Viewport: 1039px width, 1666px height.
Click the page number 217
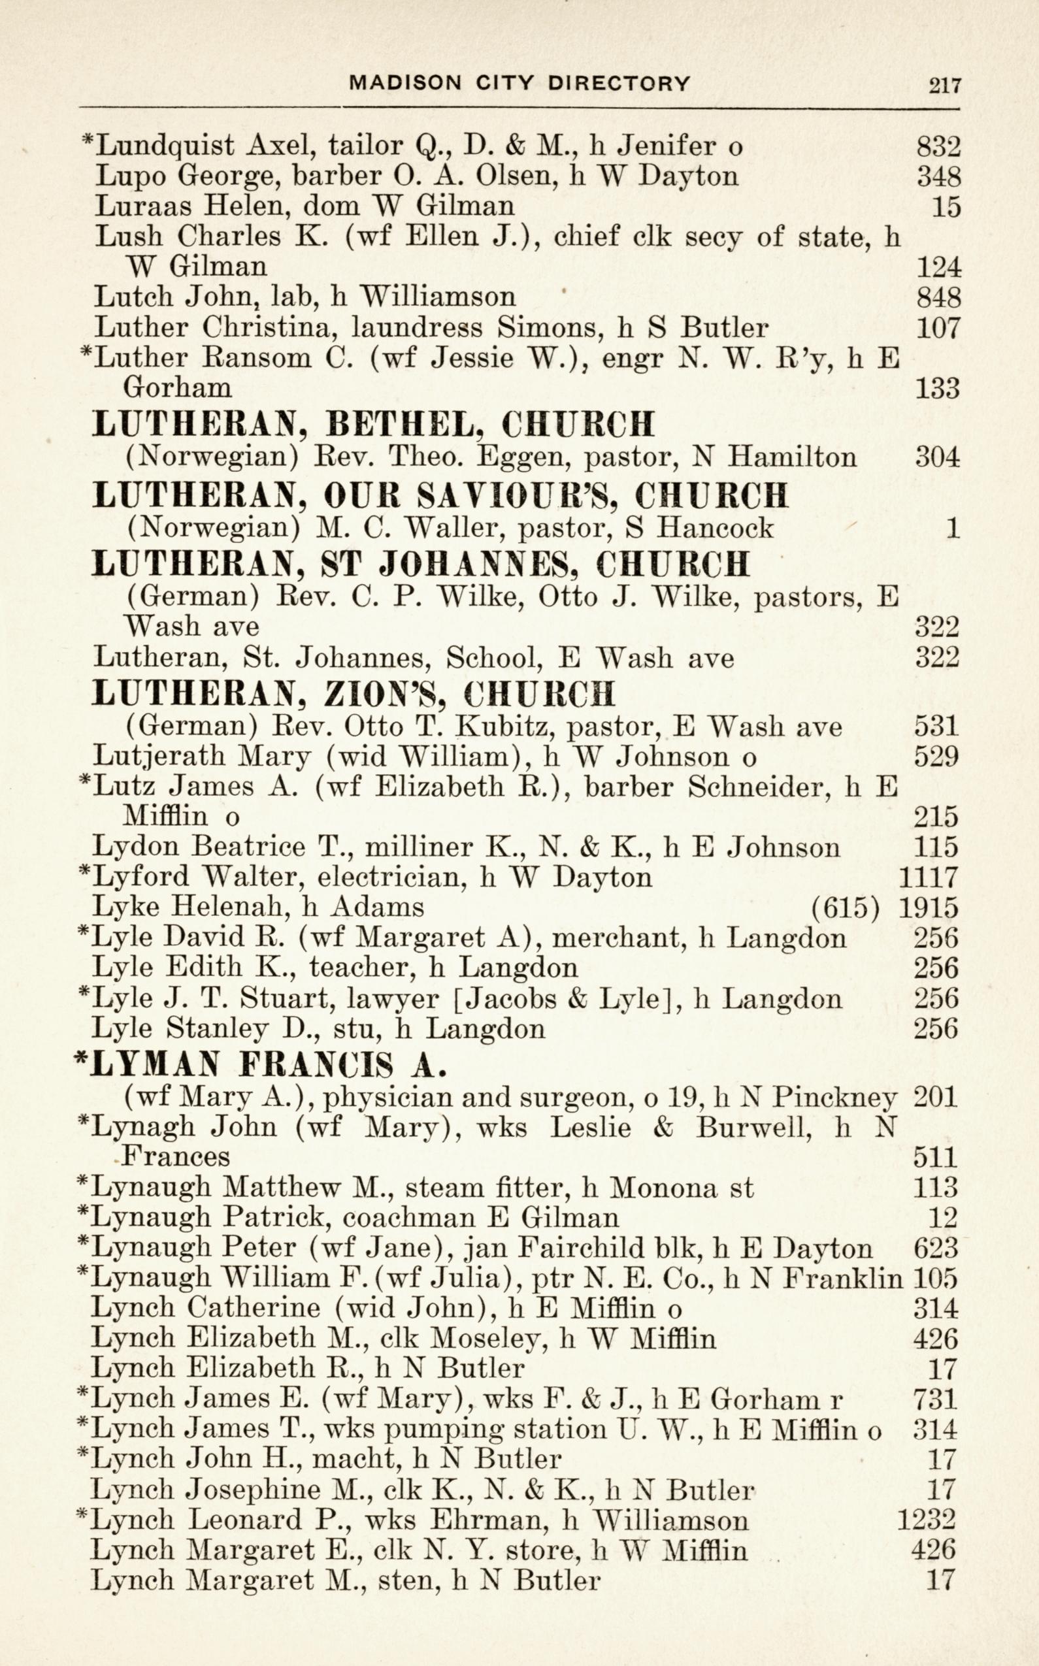(945, 85)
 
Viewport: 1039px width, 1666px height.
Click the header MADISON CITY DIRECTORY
(519, 84)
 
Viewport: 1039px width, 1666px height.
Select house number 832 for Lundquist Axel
(938, 146)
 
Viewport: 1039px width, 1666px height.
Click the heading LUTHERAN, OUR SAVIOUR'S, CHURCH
(440, 495)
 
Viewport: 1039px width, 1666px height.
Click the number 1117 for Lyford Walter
(928, 877)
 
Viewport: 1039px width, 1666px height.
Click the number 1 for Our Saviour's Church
(951, 528)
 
